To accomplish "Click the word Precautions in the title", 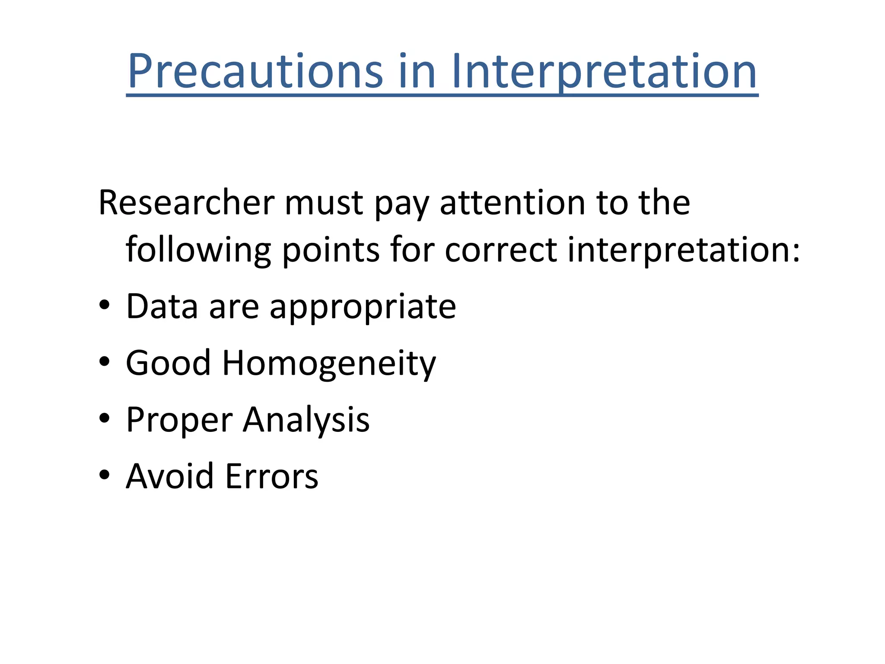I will [255, 71].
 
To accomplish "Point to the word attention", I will [513, 203].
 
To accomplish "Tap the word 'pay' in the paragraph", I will [401, 205].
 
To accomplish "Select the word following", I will [198, 250].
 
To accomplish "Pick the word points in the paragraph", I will [331, 250].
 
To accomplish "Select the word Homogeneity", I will [329, 364].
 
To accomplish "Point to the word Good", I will [168, 363].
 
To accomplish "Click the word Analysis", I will [306, 420].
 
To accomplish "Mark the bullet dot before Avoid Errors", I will [104, 475].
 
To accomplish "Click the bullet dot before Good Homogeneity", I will [104, 361].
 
